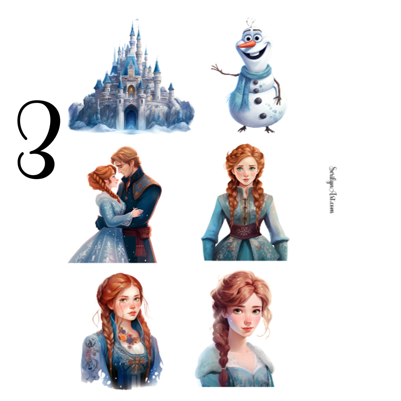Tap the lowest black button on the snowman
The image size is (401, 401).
coord(263,116)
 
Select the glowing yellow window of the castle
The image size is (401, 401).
coord(131,91)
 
